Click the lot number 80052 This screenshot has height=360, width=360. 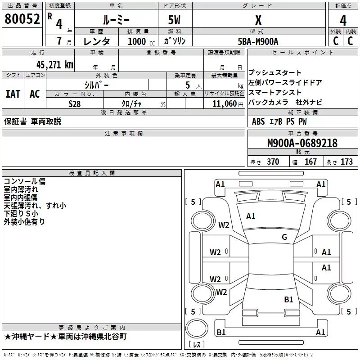point(22,18)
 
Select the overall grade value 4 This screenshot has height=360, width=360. point(343,21)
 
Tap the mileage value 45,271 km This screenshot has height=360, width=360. point(54,65)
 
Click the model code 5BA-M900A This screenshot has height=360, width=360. point(258,41)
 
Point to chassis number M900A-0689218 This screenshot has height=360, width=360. point(302,143)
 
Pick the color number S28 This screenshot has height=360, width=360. point(75,104)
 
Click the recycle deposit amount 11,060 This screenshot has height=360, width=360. point(225,104)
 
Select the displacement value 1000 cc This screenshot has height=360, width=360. point(141,41)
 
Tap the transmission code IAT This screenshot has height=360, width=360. point(13,94)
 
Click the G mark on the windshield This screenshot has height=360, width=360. point(284,237)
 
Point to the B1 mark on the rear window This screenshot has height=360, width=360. point(288,299)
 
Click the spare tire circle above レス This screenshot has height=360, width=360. point(197,328)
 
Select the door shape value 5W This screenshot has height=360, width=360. point(174,20)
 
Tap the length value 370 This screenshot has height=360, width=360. point(273,162)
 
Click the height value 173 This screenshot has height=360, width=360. point(346,162)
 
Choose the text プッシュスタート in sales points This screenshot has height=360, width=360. point(275,72)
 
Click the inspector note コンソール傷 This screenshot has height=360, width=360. point(25,181)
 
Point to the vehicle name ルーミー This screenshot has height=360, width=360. point(116,20)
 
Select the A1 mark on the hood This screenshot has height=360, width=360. point(251,216)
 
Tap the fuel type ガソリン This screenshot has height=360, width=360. point(175,41)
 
